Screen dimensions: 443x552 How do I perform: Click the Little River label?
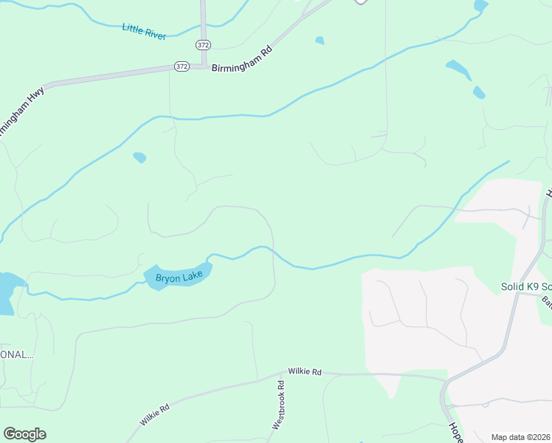pos(145,31)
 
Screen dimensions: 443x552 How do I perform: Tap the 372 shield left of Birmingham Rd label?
pos(182,66)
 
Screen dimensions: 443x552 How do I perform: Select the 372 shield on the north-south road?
pos(203,44)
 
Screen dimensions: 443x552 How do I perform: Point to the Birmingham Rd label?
pos(242,66)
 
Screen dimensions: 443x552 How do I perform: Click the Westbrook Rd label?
pos(279,405)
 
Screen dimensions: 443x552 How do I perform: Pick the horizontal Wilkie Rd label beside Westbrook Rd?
pos(305,372)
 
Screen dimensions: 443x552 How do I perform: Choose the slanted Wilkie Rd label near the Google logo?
pos(154,414)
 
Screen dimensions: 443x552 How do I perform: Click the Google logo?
pos(24,434)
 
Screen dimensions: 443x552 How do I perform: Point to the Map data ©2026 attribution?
pos(521,437)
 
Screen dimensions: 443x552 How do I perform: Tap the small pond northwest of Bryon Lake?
pos(139,157)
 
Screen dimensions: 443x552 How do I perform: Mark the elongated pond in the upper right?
pos(458,70)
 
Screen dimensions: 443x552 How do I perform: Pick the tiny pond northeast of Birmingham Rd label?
pos(320,40)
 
